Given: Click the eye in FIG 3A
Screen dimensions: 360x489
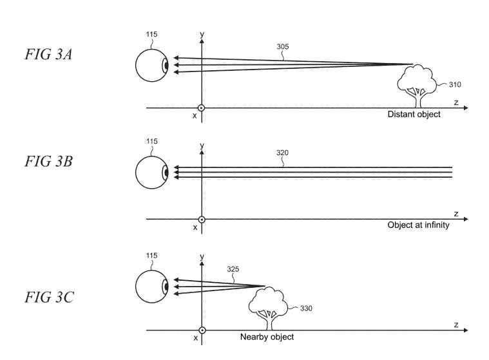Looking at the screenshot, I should (x=152, y=66).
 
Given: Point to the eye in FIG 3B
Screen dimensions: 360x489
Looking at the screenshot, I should (x=152, y=173).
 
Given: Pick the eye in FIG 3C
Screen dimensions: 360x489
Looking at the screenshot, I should (x=152, y=286).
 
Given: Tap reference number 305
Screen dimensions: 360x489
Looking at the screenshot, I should (x=282, y=47).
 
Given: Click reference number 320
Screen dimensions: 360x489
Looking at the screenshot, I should (x=282, y=153).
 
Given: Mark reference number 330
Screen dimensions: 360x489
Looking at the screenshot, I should (x=308, y=308).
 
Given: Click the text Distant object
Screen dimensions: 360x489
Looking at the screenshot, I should (x=414, y=115).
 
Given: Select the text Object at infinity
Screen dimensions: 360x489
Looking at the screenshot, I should (x=418, y=225).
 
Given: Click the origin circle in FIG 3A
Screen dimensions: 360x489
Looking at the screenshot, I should (x=202, y=108).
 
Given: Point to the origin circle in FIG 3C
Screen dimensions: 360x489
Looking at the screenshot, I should (x=202, y=330).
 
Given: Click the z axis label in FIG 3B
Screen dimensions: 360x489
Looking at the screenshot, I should (x=455, y=213).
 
